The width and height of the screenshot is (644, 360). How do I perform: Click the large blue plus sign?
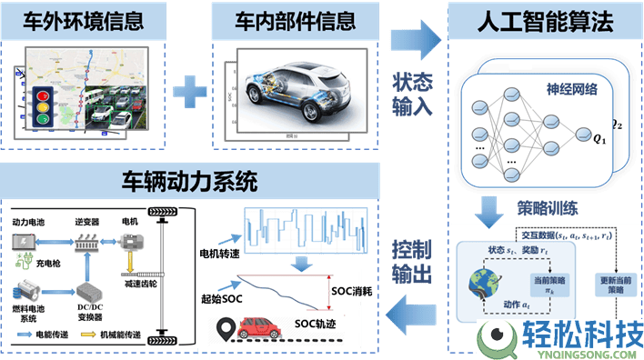191,90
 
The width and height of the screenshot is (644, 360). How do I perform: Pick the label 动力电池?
29,221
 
